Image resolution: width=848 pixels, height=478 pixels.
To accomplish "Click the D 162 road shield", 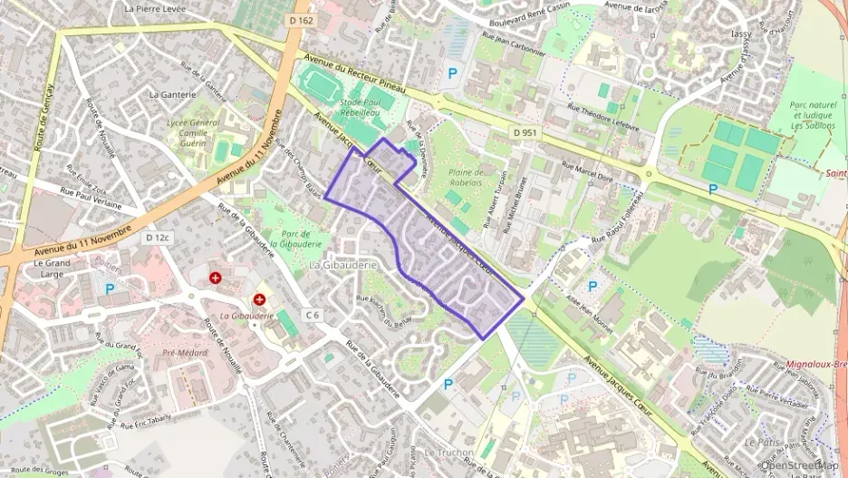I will pos(303,18).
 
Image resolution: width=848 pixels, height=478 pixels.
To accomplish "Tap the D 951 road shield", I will pos(524,132).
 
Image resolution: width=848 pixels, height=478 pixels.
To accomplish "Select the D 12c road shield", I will pos(159,237).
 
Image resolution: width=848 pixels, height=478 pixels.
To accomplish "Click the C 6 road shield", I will pos(313,314).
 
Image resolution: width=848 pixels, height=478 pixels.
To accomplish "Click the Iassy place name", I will pos(740,34).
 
